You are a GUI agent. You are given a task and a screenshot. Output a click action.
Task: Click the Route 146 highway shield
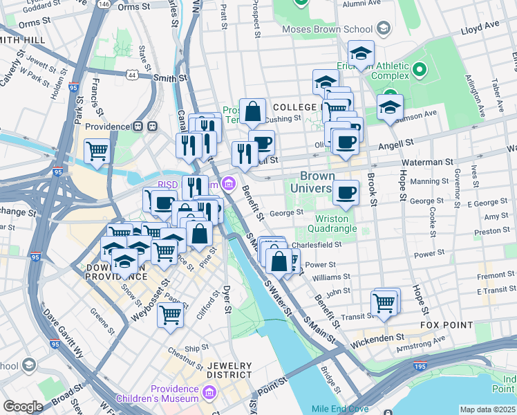[103, 4]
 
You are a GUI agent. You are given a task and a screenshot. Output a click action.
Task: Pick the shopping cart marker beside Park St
[97, 150]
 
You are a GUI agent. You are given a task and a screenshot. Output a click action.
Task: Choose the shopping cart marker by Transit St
[384, 302]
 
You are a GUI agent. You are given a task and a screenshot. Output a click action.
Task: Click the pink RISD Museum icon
[229, 184]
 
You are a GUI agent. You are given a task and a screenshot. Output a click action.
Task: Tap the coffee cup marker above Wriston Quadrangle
[346, 192]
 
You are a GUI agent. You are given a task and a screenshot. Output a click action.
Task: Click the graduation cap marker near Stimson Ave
[390, 107]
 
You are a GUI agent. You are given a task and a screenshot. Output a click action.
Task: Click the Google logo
[23, 406]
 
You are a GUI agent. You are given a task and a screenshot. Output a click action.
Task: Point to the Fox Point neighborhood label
[445, 324]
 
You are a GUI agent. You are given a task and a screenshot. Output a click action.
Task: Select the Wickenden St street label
[379, 338]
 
